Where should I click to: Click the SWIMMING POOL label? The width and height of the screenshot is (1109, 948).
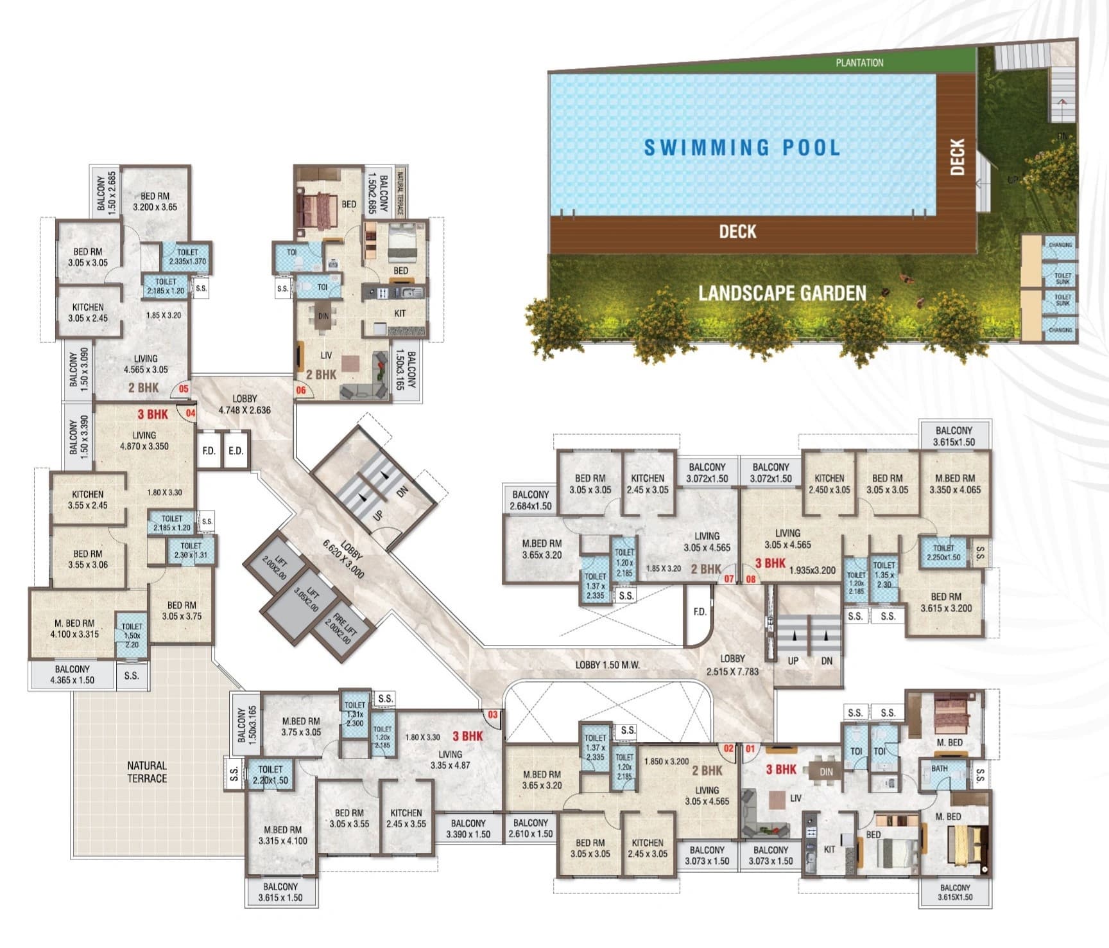point(742,148)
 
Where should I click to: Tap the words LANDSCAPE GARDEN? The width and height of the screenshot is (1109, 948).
point(782,294)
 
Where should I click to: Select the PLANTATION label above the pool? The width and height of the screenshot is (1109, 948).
point(859,62)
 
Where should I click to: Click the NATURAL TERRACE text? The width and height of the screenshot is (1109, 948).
point(147,771)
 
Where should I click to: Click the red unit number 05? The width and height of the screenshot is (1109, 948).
point(184,389)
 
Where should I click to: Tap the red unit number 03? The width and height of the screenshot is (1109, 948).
point(493,714)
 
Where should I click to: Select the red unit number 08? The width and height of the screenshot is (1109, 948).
point(750,579)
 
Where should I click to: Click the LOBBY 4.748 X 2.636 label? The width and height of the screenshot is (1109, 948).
point(245,404)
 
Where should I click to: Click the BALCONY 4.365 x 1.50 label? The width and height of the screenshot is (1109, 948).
point(72,674)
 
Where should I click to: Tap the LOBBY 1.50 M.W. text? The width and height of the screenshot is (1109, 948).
point(607,665)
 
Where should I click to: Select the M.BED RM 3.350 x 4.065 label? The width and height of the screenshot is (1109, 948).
point(954,484)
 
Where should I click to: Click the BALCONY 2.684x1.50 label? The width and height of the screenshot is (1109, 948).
point(530,500)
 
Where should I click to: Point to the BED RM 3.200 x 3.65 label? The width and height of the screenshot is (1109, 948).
point(155,201)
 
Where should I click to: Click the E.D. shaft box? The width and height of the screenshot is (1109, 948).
point(236,450)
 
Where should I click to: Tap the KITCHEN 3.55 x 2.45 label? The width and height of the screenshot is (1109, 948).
point(87,499)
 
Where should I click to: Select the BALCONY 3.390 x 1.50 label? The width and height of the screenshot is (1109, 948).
point(468,829)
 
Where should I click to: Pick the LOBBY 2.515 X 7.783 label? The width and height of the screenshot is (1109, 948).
point(732,665)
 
